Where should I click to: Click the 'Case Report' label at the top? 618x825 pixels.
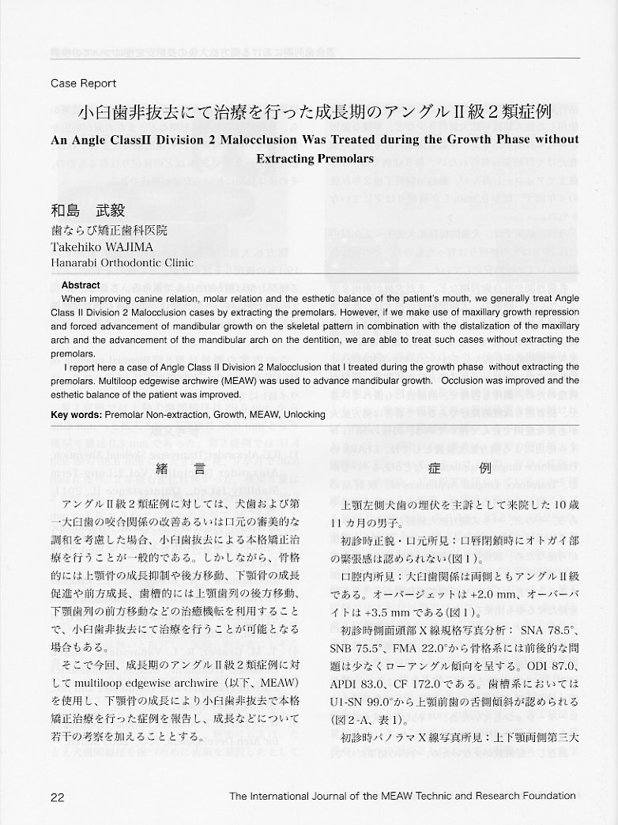click(x=83, y=83)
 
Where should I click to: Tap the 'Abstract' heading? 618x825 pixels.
click(x=81, y=285)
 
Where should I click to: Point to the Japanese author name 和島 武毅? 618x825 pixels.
click(x=88, y=211)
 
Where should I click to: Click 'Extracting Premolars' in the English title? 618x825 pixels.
click(x=315, y=158)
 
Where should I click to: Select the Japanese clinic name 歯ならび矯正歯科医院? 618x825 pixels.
click(x=109, y=230)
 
